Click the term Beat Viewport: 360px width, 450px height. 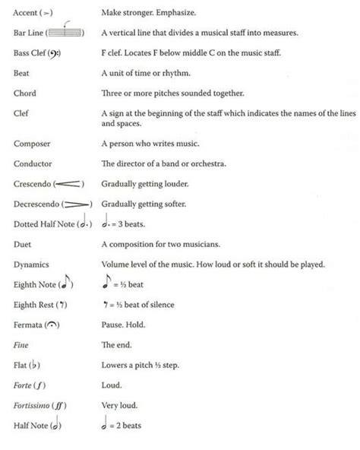click(21, 73)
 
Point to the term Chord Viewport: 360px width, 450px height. click(24, 93)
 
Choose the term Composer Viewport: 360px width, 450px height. click(32, 143)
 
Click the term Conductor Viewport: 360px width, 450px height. click(33, 163)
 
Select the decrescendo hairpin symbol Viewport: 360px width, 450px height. click(74, 204)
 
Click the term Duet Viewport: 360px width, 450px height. click(22, 244)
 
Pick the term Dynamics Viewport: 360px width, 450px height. click(31, 265)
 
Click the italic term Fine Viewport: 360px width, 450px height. click(21, 345)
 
